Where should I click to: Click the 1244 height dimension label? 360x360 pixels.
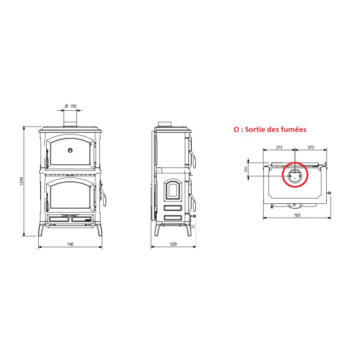[21, 181]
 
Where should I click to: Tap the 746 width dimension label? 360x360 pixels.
[70, 244]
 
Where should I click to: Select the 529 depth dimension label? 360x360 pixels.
[174, 244]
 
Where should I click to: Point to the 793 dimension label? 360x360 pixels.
[297, 215]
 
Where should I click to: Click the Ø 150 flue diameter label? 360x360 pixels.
[71, 106]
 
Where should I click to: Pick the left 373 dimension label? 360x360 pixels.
[279, 147]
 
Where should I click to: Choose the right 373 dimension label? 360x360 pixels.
[310, 147]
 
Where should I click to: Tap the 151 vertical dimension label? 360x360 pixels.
[246, 169]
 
